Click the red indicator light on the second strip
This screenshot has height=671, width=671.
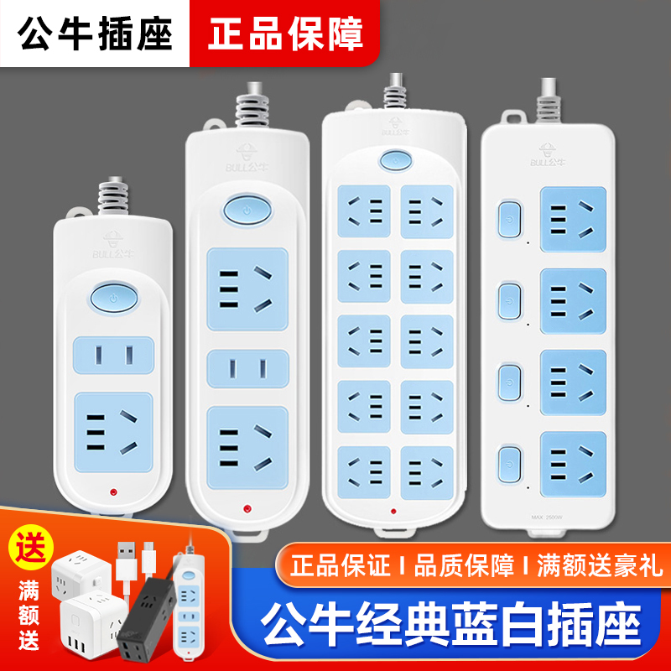(x=247, y=507)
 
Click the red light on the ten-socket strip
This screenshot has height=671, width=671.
(x=392, y=509)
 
